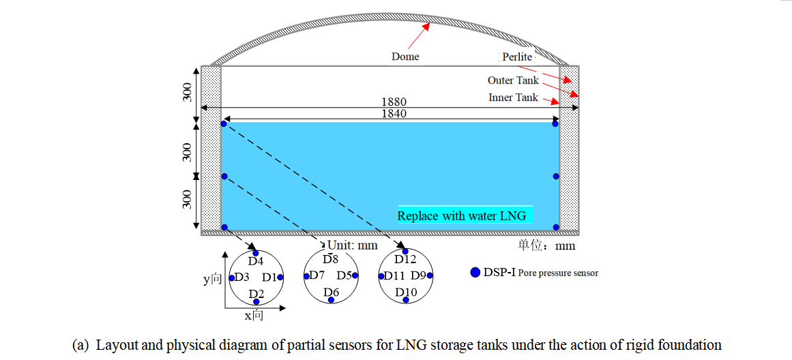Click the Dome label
point(405,57)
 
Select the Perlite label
point(517,57)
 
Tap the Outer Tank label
point(513,80)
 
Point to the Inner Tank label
point(513,97)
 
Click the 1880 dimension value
point(394,102)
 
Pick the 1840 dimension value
point(394,114)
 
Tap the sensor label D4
point(255,261)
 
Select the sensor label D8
point(330,259)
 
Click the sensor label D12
point(405,260)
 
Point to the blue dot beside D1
point(280,277)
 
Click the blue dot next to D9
point(430,276)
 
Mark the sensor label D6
point(332,292)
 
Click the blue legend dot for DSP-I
point(475,273)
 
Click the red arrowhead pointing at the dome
point(428,27)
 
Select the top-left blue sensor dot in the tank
point(224,123)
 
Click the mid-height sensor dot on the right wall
point(556,176)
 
